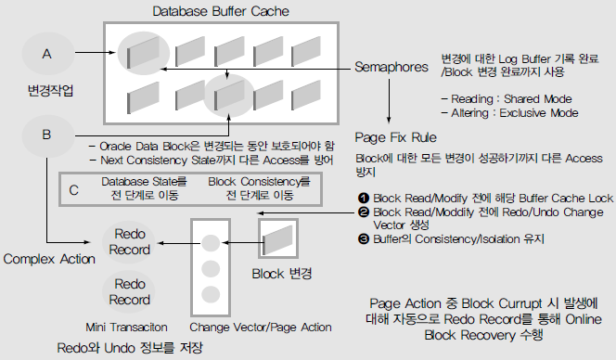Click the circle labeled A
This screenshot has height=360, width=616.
tap(48, 54)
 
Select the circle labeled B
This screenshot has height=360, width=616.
tap(48, 135)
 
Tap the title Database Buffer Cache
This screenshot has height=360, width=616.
tap(221, 11)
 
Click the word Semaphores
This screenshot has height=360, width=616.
tap(391, 67)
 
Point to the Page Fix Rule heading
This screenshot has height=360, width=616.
tap(395, 137)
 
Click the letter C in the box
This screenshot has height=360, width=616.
tap(74, 190)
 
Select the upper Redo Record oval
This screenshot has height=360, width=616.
tap(129, 242)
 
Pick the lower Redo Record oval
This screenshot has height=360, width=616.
tap(129, 291)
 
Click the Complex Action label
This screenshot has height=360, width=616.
tap(49, 259)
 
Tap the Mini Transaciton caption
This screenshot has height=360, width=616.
tap(126, 327)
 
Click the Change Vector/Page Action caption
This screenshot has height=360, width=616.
tap(261, 327)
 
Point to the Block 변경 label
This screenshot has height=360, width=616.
tap(282, 274)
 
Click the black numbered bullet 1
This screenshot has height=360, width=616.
tap(364, 198)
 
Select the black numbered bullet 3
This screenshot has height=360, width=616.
tap(364, 239)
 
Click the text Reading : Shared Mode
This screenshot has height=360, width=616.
tap(511, 98)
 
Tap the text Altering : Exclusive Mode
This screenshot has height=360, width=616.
tap(515, 113)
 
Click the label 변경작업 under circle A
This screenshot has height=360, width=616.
tap(50, 91)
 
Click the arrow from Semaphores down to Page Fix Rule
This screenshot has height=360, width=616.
tap(389, 101)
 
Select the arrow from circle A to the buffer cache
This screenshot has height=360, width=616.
tap(96, 52)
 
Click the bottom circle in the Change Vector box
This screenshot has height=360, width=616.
tap(211, 295)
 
